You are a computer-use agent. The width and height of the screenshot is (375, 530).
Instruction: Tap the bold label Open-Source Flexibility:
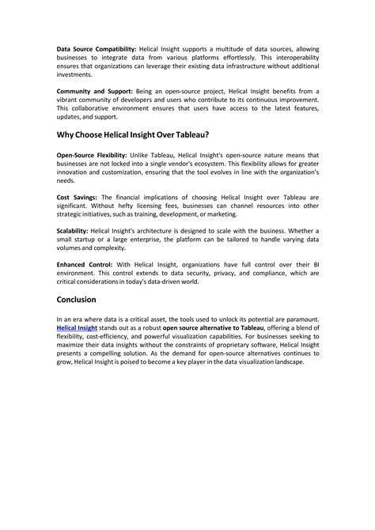[x=93, y=153]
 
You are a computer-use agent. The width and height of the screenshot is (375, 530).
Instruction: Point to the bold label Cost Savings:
[x=77, y=196]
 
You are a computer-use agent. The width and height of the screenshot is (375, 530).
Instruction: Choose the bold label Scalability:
[x=73, y=229]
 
